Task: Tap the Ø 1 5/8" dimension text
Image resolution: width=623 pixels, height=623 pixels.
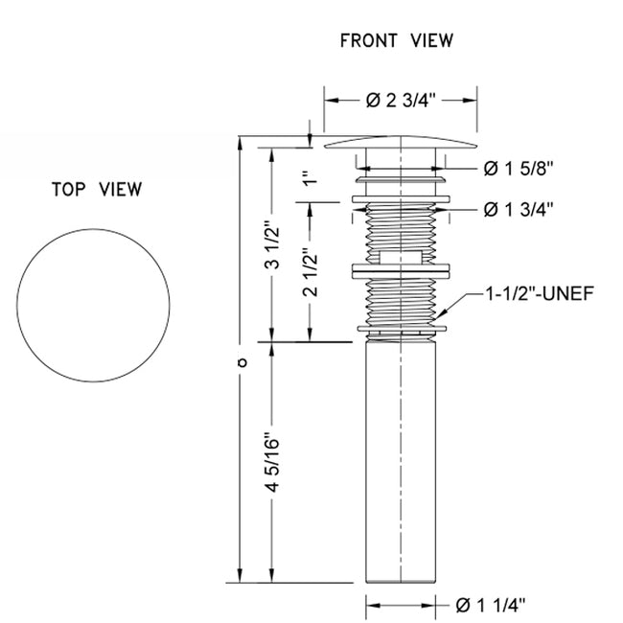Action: (x=519, y=169)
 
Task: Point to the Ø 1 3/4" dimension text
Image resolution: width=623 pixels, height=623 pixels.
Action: (x=519, y=208)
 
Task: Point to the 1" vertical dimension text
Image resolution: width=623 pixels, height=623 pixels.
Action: (x=308, y=178)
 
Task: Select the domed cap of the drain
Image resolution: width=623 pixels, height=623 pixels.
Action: (x=401, y=143)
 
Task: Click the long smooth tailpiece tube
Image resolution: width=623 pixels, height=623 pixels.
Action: (x=401, y=460)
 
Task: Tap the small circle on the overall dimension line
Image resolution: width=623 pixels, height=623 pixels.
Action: (x=241, y=362)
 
